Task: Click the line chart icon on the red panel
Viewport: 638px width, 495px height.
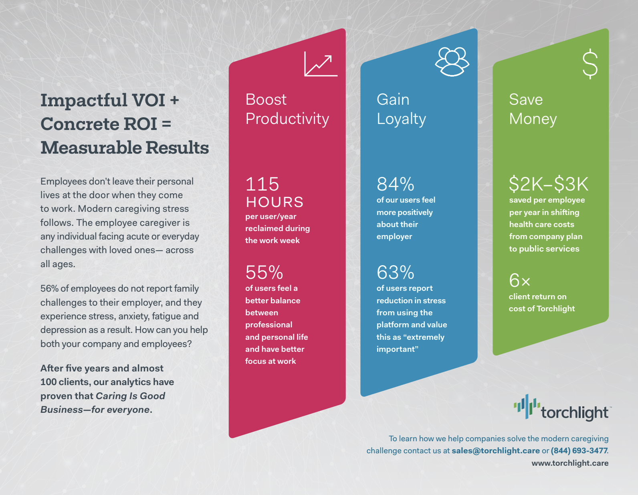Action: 321,64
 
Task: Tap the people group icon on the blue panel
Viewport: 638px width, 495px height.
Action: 452,62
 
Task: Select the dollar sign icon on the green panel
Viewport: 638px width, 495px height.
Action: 590,64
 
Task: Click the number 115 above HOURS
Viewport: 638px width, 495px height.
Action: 262,184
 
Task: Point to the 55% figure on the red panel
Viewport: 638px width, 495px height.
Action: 264,272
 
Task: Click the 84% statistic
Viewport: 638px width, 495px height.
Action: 396,184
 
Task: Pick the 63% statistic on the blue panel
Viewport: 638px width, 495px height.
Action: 396,272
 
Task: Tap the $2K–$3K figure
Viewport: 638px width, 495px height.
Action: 549,184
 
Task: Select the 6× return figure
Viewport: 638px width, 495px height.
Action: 519,280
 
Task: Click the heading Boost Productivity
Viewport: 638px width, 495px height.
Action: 287,109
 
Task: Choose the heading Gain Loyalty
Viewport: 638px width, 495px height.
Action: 401,109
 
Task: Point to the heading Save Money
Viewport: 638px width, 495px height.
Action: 533,109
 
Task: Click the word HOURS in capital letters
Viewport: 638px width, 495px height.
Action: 275,202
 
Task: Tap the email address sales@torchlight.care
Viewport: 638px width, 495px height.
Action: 496,450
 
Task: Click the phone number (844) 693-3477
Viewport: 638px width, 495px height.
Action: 579,450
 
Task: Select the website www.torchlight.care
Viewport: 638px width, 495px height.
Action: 570,463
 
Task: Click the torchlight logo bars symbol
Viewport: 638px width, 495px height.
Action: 527,406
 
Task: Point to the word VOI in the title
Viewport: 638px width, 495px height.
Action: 149,100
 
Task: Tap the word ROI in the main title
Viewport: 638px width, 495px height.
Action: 140,124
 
